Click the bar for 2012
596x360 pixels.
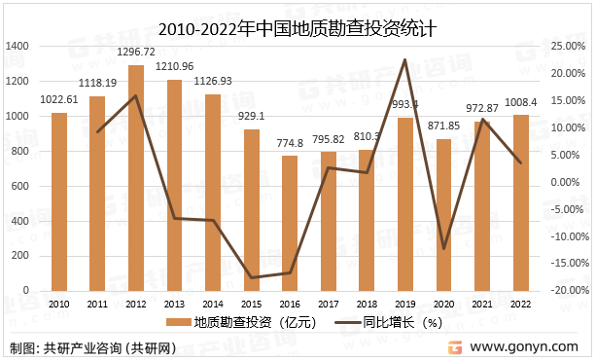(136, 178)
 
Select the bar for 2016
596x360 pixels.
(291, 223)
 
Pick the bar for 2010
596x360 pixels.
(59, 201)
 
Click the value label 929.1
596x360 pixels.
(252, 117)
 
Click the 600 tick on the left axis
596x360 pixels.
(21, 186)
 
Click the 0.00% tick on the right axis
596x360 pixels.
(568, 182)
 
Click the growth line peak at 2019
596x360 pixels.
(404, 59)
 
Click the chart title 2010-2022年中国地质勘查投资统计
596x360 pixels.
(297, 26)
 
